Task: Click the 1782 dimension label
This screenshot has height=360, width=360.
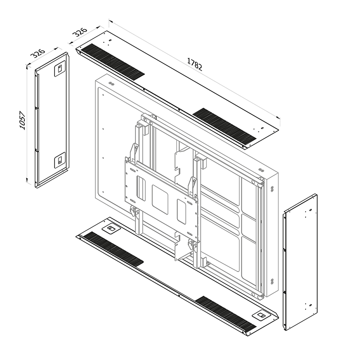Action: [x=195, y=64]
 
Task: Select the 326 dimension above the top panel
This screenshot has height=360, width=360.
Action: [x=80, y=32]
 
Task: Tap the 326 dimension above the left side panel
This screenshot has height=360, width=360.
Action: [x=38, y=53]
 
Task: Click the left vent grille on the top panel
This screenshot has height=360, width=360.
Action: [x=113, y=62]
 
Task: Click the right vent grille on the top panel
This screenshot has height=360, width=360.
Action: [x=224, y=125]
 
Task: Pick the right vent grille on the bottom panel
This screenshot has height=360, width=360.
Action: [x=225, y=313]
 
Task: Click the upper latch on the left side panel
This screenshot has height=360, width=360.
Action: [x=60, y=69]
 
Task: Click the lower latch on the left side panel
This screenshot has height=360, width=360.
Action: [x=60, y=160]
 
